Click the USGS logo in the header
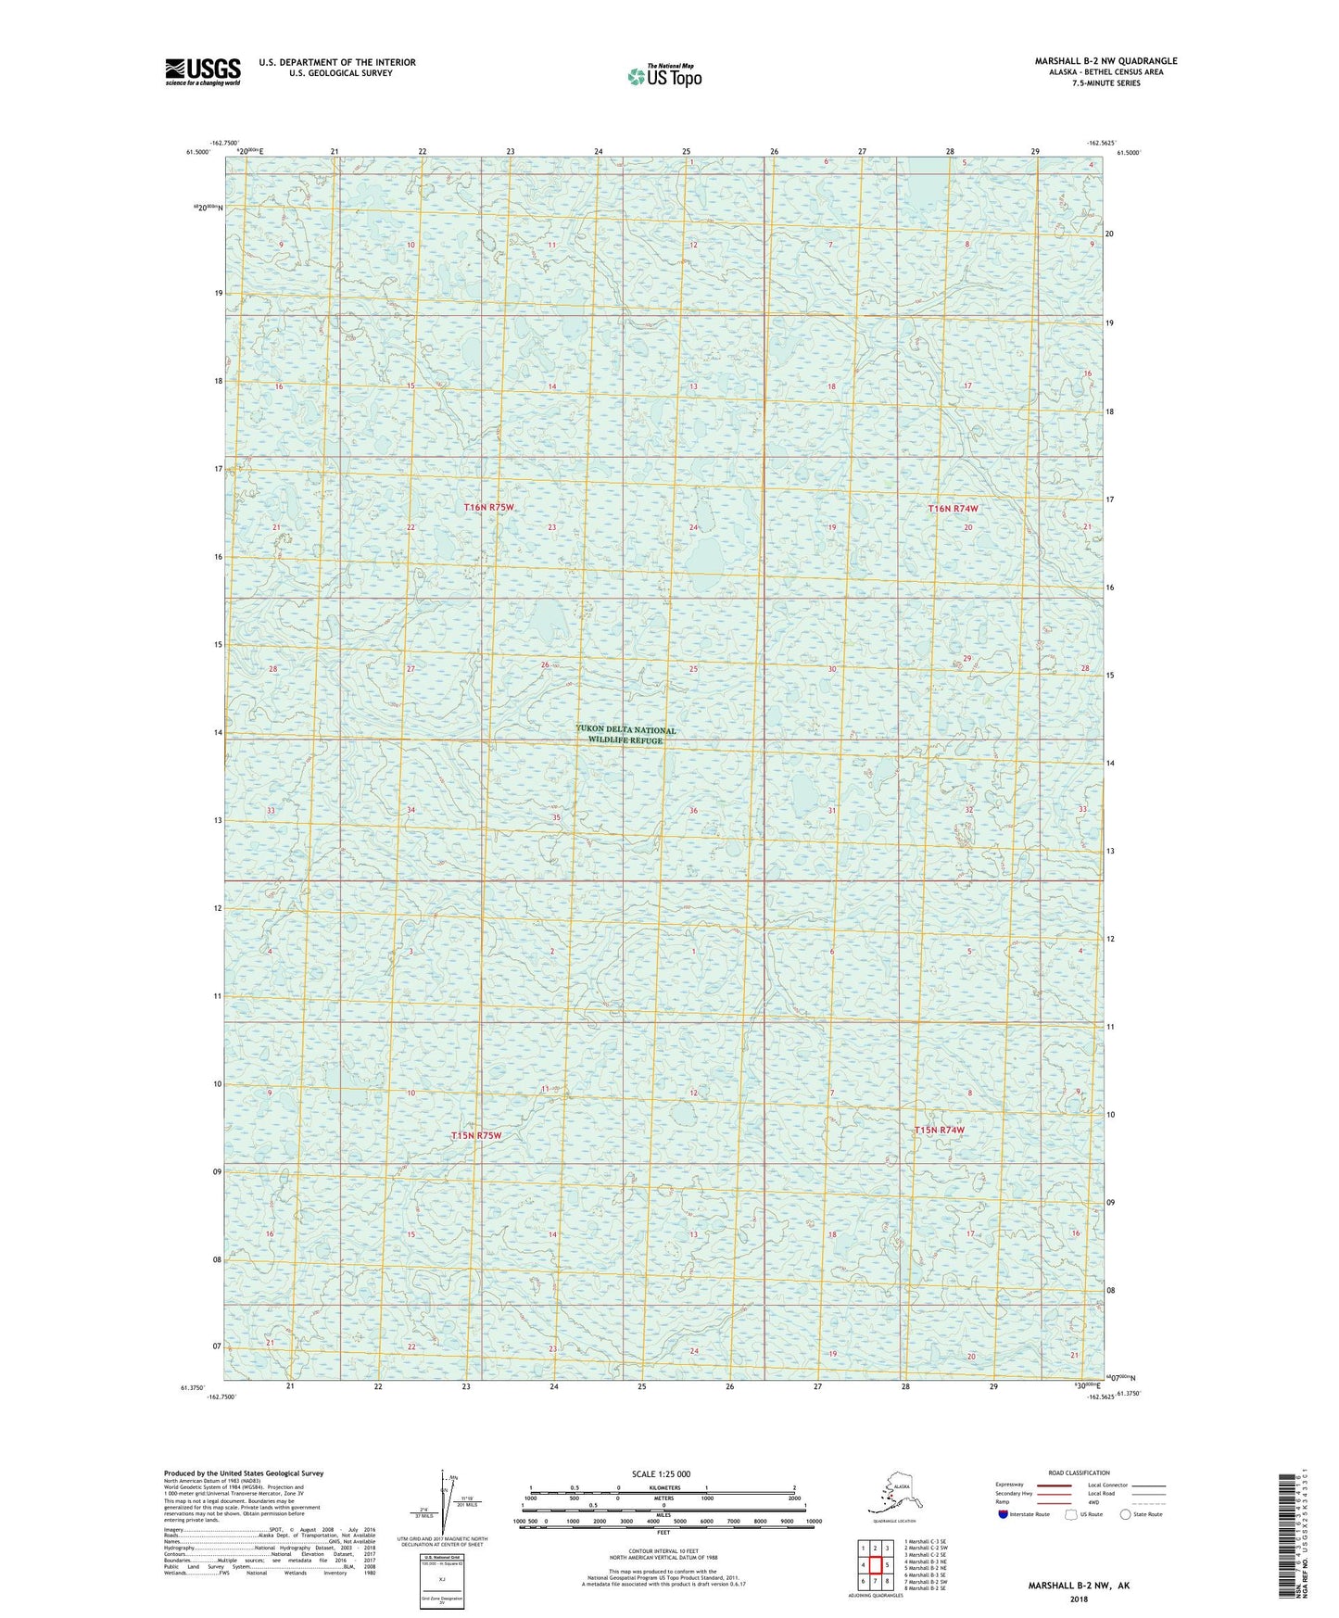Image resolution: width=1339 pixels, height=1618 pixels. [202, 71]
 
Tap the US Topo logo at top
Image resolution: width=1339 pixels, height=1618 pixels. [663, 76]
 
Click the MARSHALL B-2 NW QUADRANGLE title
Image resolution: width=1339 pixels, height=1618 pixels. [1105, 61]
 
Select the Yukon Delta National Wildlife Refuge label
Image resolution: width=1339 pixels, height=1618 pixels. [625, 735]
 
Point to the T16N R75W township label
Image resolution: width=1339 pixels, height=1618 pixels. [488, 508]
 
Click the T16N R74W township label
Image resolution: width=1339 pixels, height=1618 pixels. [953, 509]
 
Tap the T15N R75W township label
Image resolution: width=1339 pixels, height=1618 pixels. [475, 1135]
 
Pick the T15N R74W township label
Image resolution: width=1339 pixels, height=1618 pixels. [939, 1130]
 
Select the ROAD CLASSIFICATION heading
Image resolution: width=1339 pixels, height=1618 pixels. [1079, 1473]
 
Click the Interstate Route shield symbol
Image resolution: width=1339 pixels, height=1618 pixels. [1003, 1514]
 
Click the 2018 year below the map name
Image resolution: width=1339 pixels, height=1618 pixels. [1078, 1599]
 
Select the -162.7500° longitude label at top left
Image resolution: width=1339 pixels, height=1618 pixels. [223, 143]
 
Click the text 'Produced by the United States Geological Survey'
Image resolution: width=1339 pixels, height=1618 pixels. [244, 1473]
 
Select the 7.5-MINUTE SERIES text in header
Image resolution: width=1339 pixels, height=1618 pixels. [1105, 83]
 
